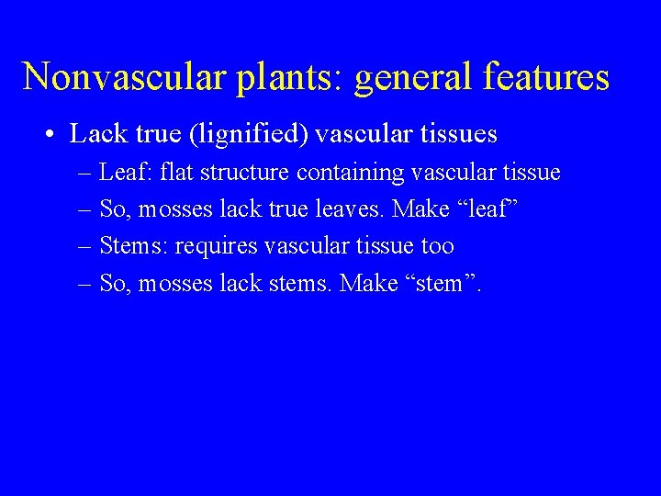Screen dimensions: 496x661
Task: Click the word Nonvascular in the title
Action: [x=124, y=76]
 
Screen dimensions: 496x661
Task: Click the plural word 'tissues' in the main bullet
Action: [x=458, y=135]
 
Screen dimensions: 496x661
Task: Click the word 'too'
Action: [x=437, y=246]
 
